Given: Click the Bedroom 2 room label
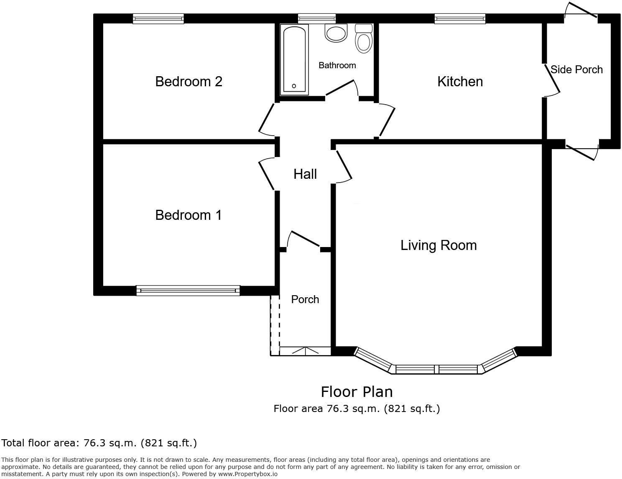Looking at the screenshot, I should pos(189,81).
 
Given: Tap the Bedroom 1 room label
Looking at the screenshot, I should pos(188,215).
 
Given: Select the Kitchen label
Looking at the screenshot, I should pos(460,81).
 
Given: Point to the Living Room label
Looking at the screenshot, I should pos(438,245).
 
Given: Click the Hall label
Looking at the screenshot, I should pos(305,174).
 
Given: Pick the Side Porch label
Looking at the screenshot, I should pos(576,70).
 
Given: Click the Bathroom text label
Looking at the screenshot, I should pos(337,65).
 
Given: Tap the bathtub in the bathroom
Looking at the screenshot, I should pos(294,59).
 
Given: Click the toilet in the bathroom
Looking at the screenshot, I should pos(364,39).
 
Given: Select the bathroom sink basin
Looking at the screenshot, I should pos(336,33).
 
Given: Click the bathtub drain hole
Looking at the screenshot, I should pos(294,86).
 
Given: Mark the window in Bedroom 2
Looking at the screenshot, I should pos(158,18).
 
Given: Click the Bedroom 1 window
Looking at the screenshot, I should pos(188,290).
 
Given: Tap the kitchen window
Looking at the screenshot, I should pos(460,18).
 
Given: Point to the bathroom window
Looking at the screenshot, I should pos(316,18).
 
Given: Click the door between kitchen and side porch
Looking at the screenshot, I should pos(552,79).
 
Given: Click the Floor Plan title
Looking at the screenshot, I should pos(357,392).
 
